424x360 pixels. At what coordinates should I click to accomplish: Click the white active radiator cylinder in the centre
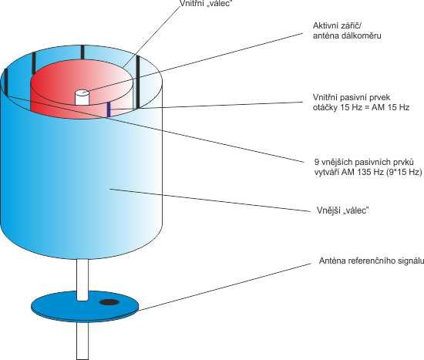[x=82, y=97]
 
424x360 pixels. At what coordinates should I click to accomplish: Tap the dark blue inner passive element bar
[x=109, y=109]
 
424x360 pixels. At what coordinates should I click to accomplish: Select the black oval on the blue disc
[x=109, y=302]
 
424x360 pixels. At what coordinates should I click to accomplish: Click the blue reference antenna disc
[x=85, y=307]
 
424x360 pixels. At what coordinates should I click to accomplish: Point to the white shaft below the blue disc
[x=82, y=341]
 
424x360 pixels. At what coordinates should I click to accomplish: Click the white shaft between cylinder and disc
[x=82, y=280]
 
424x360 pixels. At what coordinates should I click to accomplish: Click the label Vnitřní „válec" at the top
[x=206, y=3]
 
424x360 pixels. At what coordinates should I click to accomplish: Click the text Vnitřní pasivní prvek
[x=352, y=97]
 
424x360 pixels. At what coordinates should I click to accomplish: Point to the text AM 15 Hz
[x=390, y=108]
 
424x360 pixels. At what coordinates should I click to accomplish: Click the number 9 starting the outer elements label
[x=316, y=162]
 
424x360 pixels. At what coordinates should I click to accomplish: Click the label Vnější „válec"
[x=342, y=210]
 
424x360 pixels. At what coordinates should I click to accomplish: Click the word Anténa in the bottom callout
[x=332, y=261]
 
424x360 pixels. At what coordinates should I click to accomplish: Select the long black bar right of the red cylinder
[x=138, y=82]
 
